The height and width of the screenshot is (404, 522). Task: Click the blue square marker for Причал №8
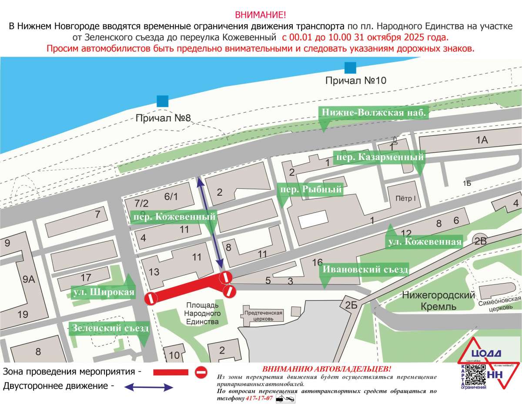point(163,101)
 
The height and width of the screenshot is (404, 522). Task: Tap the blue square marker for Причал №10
point(350,67)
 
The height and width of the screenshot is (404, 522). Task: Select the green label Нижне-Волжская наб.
point(374,113)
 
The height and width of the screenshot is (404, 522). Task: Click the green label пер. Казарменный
point(379,157)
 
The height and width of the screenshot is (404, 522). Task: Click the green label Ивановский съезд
point(365,270)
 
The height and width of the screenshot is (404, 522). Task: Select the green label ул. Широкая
point(103,292)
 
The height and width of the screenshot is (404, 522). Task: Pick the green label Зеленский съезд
point(110,328)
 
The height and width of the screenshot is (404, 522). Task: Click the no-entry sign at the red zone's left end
point(151,299)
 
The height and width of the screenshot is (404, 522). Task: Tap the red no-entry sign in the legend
point(201,372)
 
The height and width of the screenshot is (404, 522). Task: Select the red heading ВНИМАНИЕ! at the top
point(261,14)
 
